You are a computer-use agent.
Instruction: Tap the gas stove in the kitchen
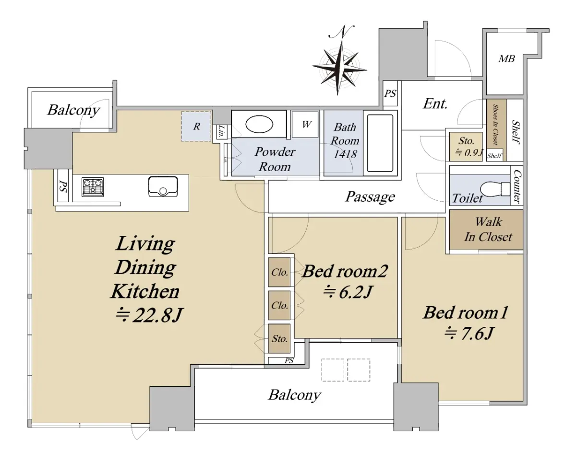tap(93, 187)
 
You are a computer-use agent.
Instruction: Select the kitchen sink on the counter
tap(163, 186)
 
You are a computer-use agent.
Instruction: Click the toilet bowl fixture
tap(495, 189)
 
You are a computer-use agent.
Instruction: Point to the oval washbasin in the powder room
tap(259, 124)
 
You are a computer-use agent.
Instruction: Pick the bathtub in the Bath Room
tap(380, 143)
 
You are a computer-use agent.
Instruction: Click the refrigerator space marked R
tap(196, 126)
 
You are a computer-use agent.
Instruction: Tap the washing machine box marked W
tap(305, 125)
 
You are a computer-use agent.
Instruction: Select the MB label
tap(506, 59)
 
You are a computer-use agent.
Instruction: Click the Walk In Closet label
tap(488, 230)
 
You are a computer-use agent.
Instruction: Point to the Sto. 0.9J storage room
tap(466, 147)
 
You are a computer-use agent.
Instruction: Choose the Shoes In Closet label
tap(496, 125)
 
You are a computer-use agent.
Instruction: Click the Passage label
tap(370, 197)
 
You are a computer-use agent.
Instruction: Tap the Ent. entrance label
tap(435, 104)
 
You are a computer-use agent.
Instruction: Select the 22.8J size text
tap(149, 315)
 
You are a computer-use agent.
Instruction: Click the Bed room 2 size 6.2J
tap(348, 292)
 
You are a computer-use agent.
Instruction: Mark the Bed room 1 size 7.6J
tap(468, 334)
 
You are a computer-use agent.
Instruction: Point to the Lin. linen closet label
tap(221, 131)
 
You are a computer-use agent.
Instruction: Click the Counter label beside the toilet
tap(517, 186)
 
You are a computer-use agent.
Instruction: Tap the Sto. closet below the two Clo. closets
tap(279, 339)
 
